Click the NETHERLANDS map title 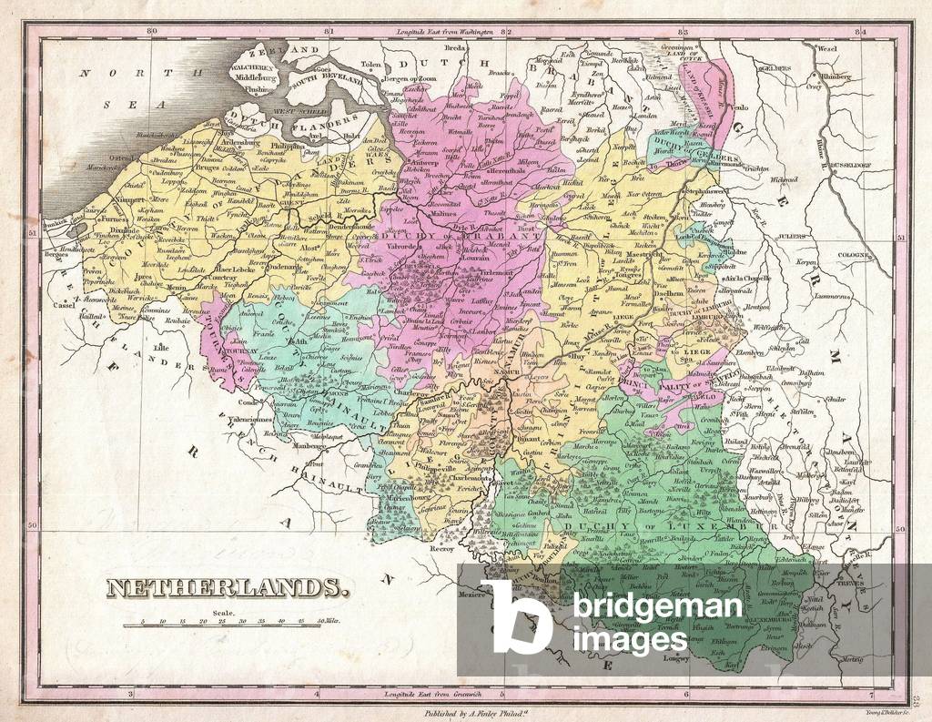tap(228, 588)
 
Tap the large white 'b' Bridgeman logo tap(515, 615)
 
